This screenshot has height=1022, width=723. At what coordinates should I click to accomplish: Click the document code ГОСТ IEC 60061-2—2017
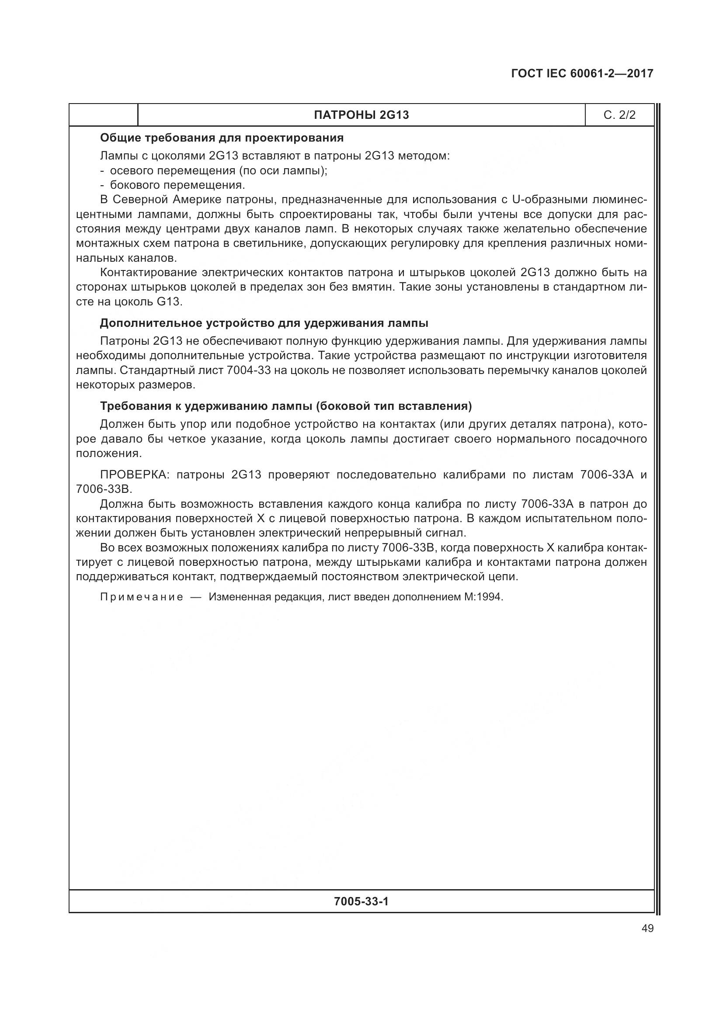(x=582, y=73)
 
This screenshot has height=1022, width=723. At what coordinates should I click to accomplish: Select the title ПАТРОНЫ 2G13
(x=361, y=115)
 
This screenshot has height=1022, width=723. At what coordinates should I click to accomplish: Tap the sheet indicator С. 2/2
(x=619, y=115)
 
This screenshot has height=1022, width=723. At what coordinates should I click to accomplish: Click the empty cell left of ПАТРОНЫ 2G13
(x=103, y=115)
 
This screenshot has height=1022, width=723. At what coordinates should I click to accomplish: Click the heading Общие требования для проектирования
(x=222, y=138)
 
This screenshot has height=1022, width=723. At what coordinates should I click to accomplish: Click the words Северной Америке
(x=167, y=199)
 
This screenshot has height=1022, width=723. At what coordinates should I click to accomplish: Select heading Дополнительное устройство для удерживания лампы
(x=264, y=323)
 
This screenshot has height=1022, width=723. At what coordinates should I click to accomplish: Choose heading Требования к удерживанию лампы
(x=285, y=406)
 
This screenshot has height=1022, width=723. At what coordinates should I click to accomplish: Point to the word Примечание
(x=142, y=597)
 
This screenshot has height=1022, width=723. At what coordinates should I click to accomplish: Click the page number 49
(x=647, y=928)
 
